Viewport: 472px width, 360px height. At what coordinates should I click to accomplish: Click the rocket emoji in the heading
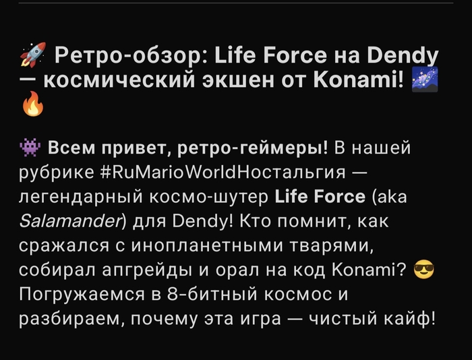click(x=33, y=55)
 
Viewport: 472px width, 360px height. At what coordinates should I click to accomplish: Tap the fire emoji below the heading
click(x=33, y=104)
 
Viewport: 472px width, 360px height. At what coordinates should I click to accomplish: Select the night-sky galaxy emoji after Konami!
click(x=425, y=80)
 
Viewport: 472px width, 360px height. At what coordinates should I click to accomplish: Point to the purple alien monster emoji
click(x=30, y=148)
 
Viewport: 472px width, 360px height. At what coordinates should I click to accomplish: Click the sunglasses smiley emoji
click(x=424, y=270)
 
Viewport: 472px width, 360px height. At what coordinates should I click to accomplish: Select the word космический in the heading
click(x=119, y=80)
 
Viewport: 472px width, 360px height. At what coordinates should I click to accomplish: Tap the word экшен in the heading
click(x=238, y=81)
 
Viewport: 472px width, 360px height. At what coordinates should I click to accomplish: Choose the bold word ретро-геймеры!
click(x=252, y=148)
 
